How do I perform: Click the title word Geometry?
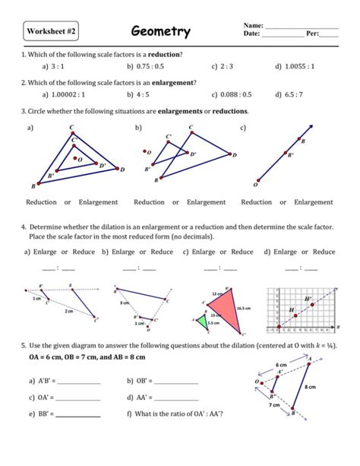tap(160, 32)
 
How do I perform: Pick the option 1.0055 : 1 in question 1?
tap(299, 66)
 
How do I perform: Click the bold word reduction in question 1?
tap(164, 55)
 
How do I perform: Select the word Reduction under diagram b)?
tap(149, 202)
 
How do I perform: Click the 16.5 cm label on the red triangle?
tap(243, 309)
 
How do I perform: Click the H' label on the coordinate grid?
tap(308, 300)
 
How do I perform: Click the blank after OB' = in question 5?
tap(175, 382)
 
